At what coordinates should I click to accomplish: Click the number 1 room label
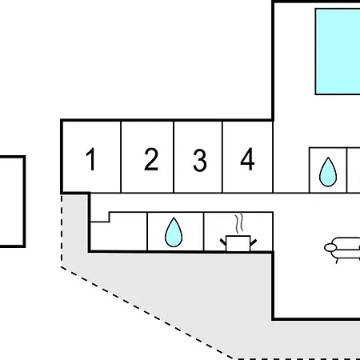coord(91,159)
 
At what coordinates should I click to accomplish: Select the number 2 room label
coord(151,159)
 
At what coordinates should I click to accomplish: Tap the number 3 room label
coord(200,160)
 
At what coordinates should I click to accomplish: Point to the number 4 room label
coord(247,159)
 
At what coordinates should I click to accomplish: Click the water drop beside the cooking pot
coord(174,232)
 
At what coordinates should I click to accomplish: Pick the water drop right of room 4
coord(328,172)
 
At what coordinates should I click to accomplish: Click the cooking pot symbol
coord(238,243)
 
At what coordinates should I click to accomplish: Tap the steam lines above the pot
coord(239,223)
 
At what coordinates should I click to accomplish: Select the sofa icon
coord(342,250)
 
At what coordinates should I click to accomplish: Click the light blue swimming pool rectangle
coord(338,51)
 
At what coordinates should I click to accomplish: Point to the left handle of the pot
coord(223,242)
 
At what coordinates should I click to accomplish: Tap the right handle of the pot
coord(254,242)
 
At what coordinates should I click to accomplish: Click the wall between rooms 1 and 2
coord(121,157)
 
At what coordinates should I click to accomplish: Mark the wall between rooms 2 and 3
coord(174,157)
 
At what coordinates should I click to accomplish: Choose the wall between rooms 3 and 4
coord(222,157)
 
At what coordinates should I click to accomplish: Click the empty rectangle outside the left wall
coord(24,202)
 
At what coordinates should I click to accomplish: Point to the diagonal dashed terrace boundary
coord(147,313)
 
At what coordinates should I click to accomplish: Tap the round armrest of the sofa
coord(330,248)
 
